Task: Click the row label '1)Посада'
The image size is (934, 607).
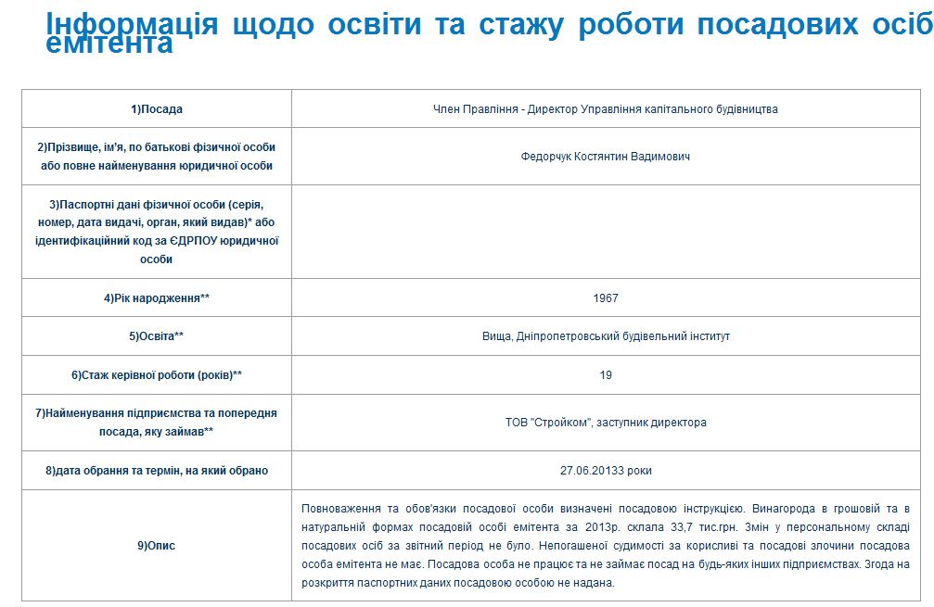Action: pos(157,109)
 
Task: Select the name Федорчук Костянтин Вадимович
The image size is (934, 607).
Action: pos(605,157)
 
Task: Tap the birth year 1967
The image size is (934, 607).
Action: pos(605,298)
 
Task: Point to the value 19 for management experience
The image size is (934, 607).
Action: pos(605,375)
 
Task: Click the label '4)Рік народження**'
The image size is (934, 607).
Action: pos(157,298)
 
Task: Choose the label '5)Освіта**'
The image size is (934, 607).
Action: pos(157,336)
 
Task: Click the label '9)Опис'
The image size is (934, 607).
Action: pos(157,546)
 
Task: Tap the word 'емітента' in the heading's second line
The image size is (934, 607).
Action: pos(109,43)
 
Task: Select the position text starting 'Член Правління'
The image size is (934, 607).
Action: pos(605,109)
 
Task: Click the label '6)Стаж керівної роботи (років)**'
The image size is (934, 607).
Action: pos(157,375)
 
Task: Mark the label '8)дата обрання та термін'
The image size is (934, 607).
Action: pos(157,471)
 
